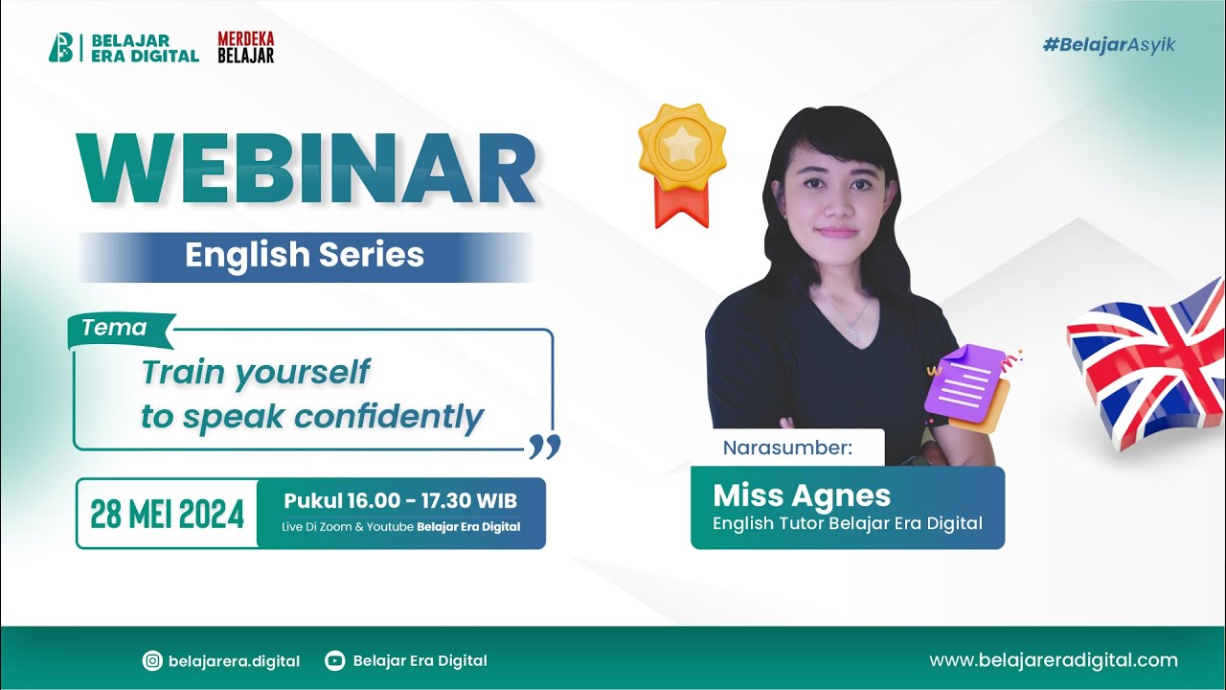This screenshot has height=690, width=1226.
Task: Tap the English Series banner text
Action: [x=305, y=256]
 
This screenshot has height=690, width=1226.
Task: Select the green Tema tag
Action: [x=115, y=329]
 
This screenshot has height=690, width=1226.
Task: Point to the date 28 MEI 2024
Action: [x=167, y=515]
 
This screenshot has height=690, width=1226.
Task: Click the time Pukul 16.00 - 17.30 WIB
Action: [x=400, y=501]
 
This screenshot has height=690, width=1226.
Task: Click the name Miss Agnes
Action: [x=802, y=495]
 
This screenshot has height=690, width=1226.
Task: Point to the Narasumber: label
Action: [x=787, y=448]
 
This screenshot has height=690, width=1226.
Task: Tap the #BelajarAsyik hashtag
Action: [x=1109, y=45]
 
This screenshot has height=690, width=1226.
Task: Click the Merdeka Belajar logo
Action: [x=245, y=47]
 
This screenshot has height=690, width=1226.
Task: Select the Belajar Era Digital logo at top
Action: [x=124, y=48]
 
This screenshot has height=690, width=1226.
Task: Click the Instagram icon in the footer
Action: [x=151, y=660]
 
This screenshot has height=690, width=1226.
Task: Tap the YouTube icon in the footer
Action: [x=334, y=660]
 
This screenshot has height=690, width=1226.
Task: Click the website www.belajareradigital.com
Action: [x=1054, y=660]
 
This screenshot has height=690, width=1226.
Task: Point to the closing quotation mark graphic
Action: [x=544, y=446]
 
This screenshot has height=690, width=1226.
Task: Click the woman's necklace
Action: [x=847, y=316]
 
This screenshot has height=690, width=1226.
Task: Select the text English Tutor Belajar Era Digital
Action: [x=847, y=523]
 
